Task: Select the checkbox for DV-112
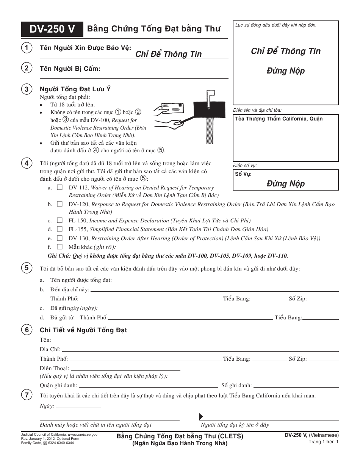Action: pos(60,188)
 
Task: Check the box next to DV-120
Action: pos(60,204)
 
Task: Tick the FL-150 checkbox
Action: pos(60,220)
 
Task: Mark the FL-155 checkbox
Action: pos(60,229)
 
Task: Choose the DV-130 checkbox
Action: pos(60,238)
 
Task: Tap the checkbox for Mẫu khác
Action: pos(60,247)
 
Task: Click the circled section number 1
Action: pos(26,48)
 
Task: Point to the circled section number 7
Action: pos(26,395)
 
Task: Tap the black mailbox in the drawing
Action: pos(210,109)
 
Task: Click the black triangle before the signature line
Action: pos(201,416)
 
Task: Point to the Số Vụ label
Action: pos(243,174)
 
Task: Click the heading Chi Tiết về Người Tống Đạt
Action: pos(83,330)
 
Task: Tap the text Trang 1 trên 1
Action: pos(323,442)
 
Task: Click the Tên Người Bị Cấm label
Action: pos(70,69)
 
